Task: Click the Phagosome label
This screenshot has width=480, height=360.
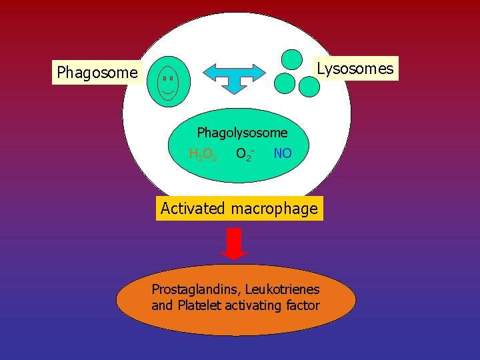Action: tap(97, 72)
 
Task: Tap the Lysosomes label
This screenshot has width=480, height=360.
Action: tap(355, 68)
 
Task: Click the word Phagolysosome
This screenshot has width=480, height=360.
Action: tap(242, 133)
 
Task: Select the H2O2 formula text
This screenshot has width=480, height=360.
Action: tap(203, 154)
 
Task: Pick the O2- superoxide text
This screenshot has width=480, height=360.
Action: tap(244, 154)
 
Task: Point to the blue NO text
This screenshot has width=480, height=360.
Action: tap(282, 153)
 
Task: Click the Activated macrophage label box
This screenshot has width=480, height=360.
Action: tap(239, 209)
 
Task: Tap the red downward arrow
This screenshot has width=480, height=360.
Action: tap(234, 243)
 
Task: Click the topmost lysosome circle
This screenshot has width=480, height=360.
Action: tap(291, 59)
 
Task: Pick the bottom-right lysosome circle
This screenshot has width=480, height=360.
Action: tap(309, 85)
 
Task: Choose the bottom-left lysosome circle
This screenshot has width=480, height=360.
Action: tap(285, 83)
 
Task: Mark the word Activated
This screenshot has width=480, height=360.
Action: tap(193, 209)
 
